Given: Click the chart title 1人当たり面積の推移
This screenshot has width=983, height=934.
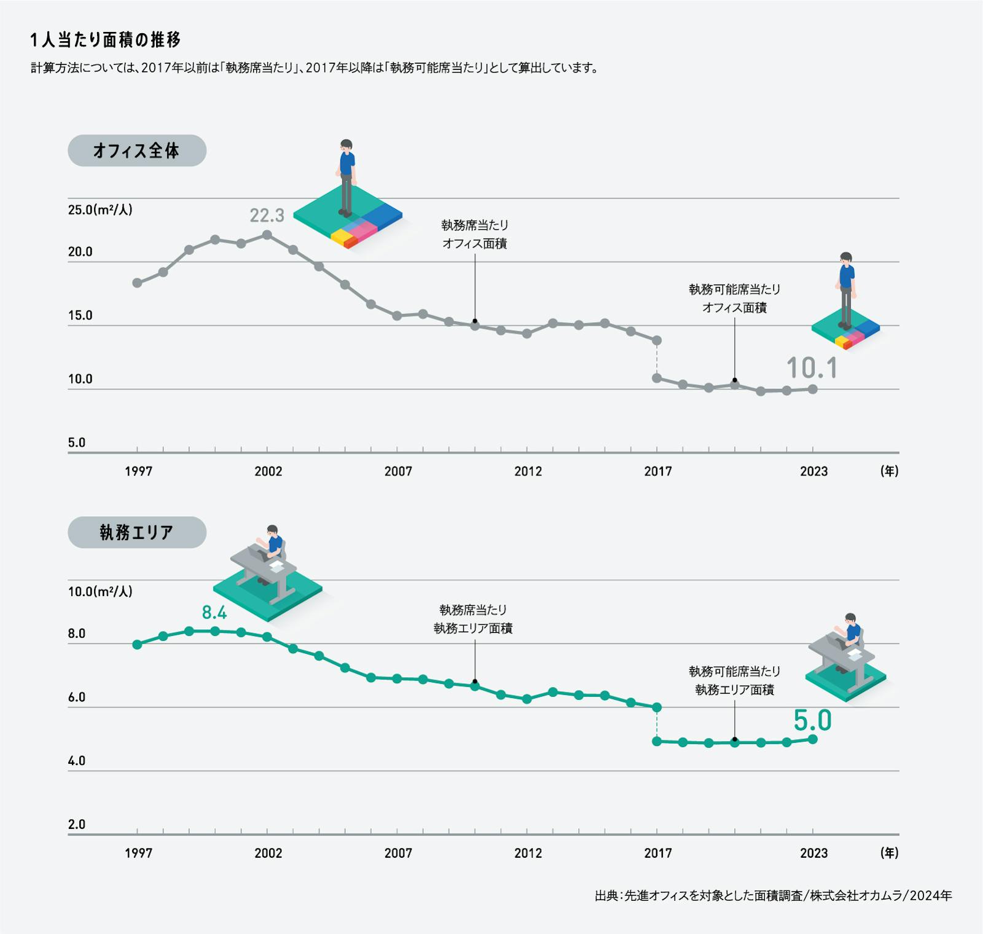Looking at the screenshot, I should (x=105, y=40).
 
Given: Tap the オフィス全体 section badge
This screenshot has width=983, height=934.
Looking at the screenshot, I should (x=136, y=151).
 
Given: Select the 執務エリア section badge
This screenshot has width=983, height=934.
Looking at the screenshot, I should (x=136, y=532).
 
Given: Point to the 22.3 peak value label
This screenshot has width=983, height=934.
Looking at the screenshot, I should (x=267, y=216).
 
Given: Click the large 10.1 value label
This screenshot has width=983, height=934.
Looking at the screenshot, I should (x=812, y=368).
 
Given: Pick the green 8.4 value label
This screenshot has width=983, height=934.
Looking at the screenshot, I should (x=214, y=613).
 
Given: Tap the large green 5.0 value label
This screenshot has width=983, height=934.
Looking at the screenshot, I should (x=812, y=720).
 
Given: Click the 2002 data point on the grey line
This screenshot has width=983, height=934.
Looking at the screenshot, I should (x=267, y=235).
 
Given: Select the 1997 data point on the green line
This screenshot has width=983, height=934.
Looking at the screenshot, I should (x=137, y=645).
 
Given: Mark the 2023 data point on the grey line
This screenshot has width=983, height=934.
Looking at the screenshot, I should (x=812, y=389).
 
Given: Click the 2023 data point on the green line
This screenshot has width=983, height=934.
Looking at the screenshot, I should (x=812, y=739).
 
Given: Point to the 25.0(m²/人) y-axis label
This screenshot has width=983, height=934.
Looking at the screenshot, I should (x=100, y=210).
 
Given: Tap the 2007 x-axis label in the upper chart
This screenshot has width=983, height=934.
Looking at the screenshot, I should (x=398, y=471).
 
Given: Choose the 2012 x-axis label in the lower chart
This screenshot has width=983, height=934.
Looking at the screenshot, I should (x=528, y=853).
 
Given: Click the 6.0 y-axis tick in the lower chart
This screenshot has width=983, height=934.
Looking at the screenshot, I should (x=77, y=697).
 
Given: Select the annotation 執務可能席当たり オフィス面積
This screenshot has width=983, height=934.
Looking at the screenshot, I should (x=734, y=298).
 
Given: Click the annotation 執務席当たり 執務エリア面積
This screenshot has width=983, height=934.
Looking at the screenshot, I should (x=473, y=619).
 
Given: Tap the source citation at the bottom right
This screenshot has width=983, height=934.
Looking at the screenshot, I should (x=773, y=896).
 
